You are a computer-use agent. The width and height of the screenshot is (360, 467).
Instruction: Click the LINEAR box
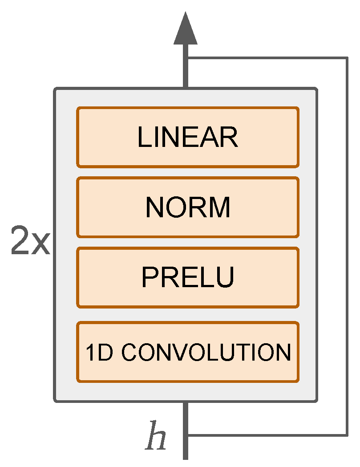[187, 137]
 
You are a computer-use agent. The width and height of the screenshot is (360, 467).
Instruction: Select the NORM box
[187, 207]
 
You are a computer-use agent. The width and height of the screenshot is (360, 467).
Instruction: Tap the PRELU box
[187, 277]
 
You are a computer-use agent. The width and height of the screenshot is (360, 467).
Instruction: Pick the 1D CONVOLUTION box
[187, 352]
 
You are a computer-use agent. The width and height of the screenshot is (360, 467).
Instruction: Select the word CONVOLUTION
[206, 353]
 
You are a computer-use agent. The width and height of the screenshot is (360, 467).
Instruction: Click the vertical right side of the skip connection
[347, 245]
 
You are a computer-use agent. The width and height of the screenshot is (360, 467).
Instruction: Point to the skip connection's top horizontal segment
[267, 58]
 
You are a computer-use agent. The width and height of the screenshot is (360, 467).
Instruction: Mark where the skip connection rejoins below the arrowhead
[186, 58]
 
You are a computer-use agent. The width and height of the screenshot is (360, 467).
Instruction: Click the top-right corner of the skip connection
[347, 58]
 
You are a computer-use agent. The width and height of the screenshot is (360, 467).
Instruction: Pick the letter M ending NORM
[221, 207]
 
